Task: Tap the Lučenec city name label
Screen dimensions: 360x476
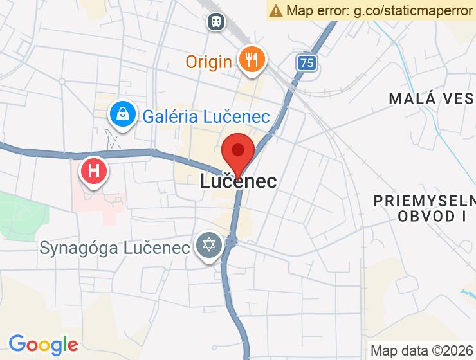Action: [x=238, y=181]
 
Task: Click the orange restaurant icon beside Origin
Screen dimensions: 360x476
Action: [x=249, y=60]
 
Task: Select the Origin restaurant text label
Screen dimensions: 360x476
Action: [x=208, y=62]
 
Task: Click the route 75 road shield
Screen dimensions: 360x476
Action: [x=307, y=62]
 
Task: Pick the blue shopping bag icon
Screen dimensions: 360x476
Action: [x=120, y=115]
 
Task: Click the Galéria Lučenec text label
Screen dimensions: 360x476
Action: [x=206, y=116]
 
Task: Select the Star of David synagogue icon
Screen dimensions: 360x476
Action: [x=209, y=246]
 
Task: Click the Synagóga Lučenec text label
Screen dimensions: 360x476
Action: [x=115, y=248]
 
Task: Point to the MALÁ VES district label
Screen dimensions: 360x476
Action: [x=432, y=98]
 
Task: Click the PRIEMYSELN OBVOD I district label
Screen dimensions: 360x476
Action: [x=425, y=208]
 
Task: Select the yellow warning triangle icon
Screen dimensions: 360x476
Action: [x=276, y=10]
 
